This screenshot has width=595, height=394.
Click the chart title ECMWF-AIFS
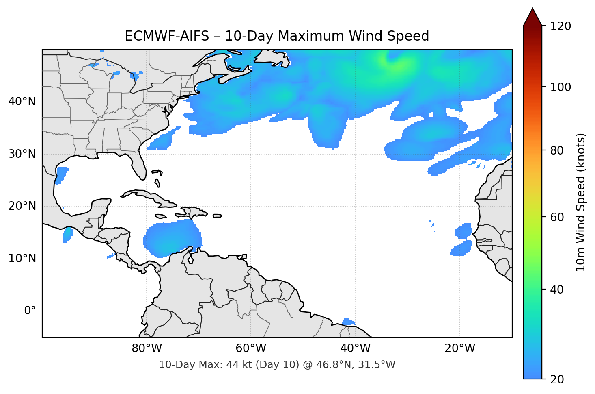coord(276,36)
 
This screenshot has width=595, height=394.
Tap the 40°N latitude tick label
coord(22,102)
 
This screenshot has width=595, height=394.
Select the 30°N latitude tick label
coord(22,154)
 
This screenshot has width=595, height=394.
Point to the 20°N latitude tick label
coord(22,206)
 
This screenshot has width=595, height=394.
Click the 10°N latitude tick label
coord(22,259)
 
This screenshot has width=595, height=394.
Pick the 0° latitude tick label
coord(30,311)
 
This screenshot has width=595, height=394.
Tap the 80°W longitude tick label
coord(147,348)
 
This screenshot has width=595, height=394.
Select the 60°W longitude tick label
coord(251,348)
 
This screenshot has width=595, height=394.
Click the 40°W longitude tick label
coord(355,348)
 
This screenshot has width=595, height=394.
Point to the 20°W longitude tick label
coord(459,348)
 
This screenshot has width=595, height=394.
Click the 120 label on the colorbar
coord(561,26)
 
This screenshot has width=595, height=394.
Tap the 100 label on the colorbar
coord(561,87)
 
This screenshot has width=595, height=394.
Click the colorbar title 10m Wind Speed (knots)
coord(581,202)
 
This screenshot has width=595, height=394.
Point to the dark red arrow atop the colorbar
coord(532,17)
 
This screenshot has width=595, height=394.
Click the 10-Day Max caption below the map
coord(276,365)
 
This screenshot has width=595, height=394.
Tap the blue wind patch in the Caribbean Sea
coord(171,239)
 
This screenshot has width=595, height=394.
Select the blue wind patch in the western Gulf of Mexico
coord(61,175)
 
